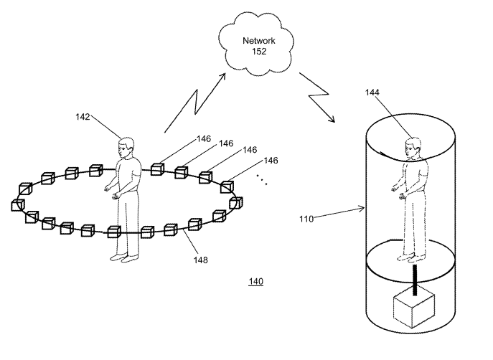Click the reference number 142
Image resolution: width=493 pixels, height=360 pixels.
[83, 117]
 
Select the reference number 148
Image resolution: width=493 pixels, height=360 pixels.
[201, 260]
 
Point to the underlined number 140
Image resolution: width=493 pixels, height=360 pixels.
[255, 282]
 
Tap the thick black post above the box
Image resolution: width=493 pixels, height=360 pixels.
[415, 276]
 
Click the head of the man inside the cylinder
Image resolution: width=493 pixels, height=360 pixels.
[411, 148]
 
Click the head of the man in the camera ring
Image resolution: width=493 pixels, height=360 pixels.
[126, 148]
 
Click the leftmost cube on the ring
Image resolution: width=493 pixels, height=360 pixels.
[18, 205]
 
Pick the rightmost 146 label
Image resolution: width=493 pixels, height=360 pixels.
[271, 160]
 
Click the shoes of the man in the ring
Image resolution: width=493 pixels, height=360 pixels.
[123, 257]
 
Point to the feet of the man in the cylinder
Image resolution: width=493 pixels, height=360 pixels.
[411, 256]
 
